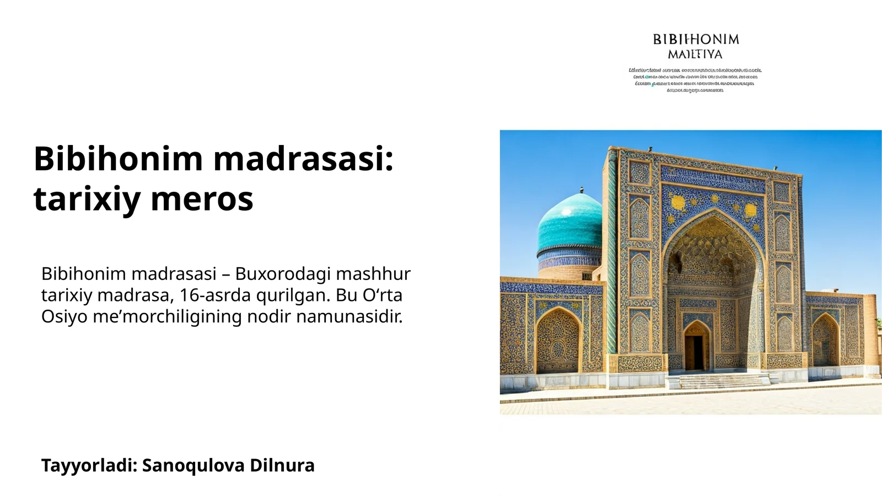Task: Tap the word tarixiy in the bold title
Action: click(87, 199)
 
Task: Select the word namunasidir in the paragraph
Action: click(349, 317)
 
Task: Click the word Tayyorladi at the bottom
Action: click(88, 466)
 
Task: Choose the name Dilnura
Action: click(282, 466)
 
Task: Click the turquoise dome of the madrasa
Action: click(569, 223)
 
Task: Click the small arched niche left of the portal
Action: click(557, 341)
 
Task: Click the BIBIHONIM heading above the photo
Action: click(696, 39)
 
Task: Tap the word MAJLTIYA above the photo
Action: click(695, 55)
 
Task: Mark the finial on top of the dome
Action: click(581, 190)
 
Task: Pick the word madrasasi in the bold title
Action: click(303, 159)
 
